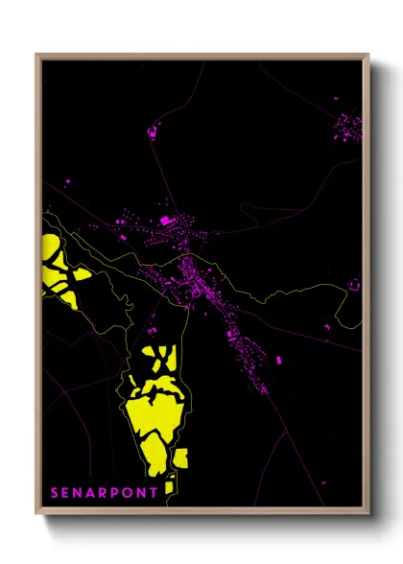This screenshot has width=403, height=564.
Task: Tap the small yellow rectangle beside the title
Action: click(169, 487)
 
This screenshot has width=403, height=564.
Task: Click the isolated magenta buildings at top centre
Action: click(155, 132)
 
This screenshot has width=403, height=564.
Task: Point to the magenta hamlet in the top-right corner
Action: click(347, 126)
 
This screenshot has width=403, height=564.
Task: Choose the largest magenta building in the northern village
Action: click(164, 222)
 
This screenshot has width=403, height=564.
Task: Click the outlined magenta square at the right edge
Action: click(354, 285)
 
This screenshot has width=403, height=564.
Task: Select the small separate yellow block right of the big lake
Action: click(180, 458)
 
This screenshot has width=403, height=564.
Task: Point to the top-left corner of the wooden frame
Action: click(36, 55)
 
